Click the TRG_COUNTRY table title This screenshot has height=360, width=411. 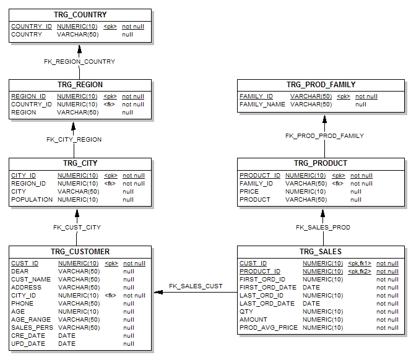point(80,15)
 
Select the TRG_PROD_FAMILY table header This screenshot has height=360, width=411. point(321,85)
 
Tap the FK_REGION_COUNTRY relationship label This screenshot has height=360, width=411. point(79,62)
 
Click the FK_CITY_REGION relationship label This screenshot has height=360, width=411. point(74,140)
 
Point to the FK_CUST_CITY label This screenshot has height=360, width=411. point(77,228)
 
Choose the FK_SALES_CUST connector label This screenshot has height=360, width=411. point(196,286)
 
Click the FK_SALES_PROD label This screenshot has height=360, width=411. point(322,228)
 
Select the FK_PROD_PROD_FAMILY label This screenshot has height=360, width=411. point(324,136)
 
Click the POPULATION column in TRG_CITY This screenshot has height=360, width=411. point(32,200)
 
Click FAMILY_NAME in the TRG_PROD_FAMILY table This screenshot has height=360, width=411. point(262,105)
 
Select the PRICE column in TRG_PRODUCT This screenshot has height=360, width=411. point(249,192)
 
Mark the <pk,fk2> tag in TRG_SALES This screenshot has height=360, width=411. point(360,272)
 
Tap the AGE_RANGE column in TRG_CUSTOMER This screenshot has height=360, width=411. point(31,319)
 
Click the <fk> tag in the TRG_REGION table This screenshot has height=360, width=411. point(110,105)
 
